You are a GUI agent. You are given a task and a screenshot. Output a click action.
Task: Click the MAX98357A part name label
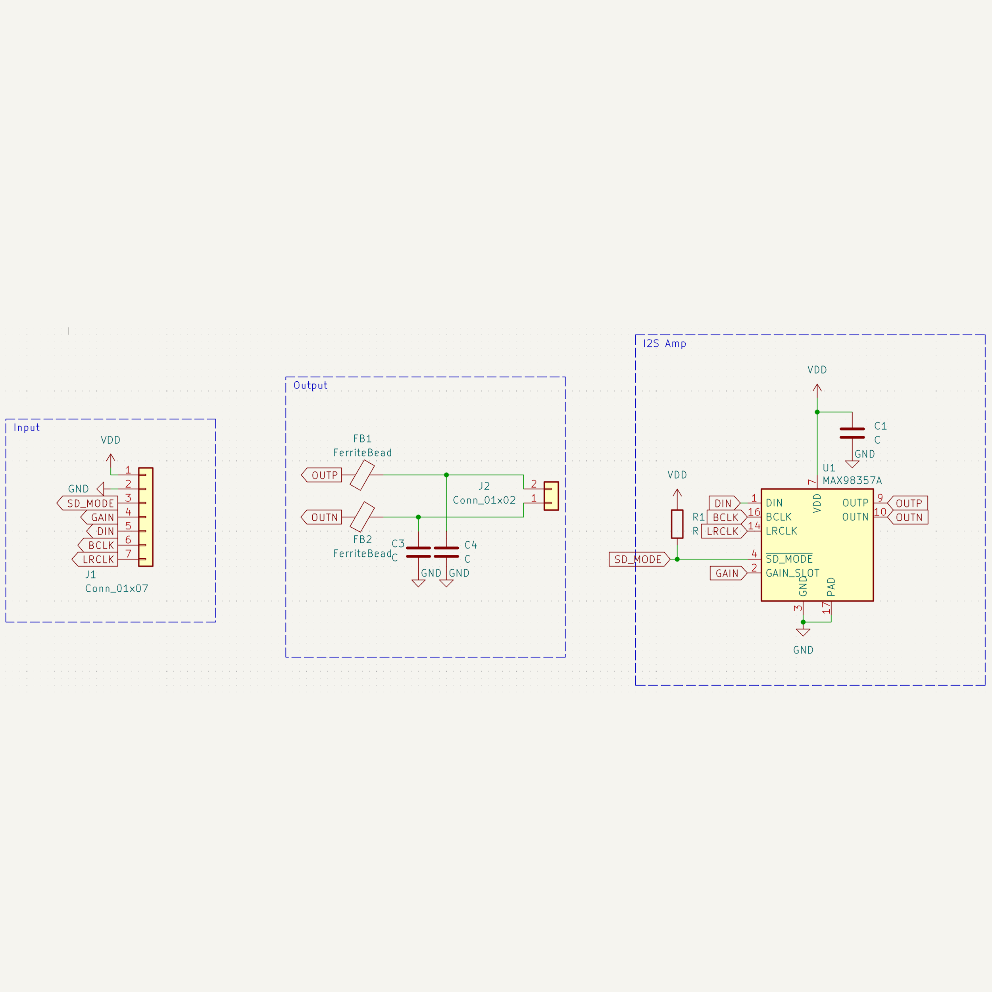pyautogui.click(x=852, y=481)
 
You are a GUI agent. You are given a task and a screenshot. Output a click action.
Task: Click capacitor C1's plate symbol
pyautogui.click(x=852, y=433)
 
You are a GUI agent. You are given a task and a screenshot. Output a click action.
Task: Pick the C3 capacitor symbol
pyautogui.click(x=419, y=552)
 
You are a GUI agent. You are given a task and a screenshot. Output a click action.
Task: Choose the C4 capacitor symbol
pyautogui.click(x=446, y=552)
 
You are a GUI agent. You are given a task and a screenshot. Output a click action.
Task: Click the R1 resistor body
pyautogui.click(x=677, y=524)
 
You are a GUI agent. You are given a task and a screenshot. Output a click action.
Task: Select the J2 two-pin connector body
pyautogui.click(x=551, y=496)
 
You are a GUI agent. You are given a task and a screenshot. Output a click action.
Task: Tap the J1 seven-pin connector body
pyautogui.click(x=146, y=517)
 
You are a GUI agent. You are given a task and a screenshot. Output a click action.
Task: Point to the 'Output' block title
pyautogui.click(x=310, y=386)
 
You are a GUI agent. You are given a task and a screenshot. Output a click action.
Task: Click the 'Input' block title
pyautogui.click(x=27, y=428)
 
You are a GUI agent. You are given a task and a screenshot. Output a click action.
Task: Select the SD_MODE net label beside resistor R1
pyautogui.click(x=639, y=559)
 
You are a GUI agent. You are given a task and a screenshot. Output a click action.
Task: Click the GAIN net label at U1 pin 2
pyautogui.click(x=729, y=573)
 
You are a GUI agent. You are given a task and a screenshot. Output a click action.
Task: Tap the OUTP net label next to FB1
pyautogui.click(x=321, y=475)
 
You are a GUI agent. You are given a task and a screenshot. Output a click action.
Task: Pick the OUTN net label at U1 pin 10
pyautogui.click(x=908, y=517)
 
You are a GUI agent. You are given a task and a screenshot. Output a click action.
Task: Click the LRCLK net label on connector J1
pyautogui.click(x=95, y=559)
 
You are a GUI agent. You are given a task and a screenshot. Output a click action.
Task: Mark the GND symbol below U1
pyautogui.click(x=803, y=632)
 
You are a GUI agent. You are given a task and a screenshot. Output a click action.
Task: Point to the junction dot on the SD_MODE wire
pyautogui.click(x=677, y=559)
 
